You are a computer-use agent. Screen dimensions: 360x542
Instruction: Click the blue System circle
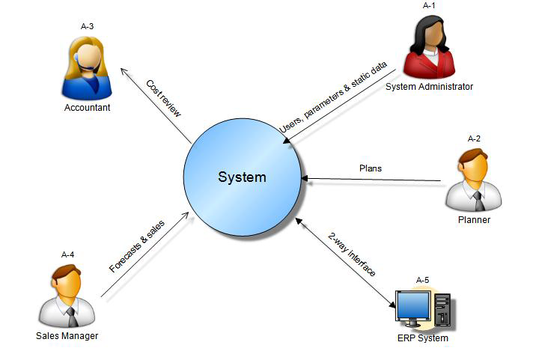242,177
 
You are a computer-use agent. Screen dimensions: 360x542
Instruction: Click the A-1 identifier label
429,5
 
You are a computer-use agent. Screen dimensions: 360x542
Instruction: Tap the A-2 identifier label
473,138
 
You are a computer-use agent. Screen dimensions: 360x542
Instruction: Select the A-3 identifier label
87,27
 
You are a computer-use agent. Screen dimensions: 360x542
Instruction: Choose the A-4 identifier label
67,255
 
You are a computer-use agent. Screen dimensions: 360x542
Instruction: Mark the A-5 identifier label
422,280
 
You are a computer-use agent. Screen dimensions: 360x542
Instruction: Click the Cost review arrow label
163,97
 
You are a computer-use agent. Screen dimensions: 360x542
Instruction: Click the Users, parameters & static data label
333,98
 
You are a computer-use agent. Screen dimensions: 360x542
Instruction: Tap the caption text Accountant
87,108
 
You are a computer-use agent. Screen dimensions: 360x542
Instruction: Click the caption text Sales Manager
67,336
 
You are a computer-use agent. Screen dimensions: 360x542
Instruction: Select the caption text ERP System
422,338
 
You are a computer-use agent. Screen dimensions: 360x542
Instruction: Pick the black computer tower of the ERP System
443,310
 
